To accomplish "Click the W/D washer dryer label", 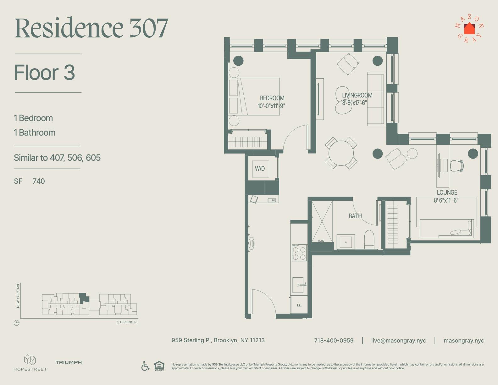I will (260, 169).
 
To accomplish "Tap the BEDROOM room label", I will (272, 98).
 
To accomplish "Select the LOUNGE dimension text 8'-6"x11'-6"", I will (446, 200).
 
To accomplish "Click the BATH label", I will (355, 216).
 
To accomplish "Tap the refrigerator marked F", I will (299, 304).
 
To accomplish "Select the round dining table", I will (341, 153).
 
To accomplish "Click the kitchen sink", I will (298, 285).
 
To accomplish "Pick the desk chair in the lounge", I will (457, 165).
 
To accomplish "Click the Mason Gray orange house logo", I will (469, 29).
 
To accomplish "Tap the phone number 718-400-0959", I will (334, 341).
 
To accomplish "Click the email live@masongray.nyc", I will (398, 341).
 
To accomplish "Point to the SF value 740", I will (39, 181).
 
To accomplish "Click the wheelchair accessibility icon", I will (145, 366).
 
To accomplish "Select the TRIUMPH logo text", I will (69, 362).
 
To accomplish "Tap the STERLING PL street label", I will (128, 322).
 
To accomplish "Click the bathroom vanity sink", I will (346, 242).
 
